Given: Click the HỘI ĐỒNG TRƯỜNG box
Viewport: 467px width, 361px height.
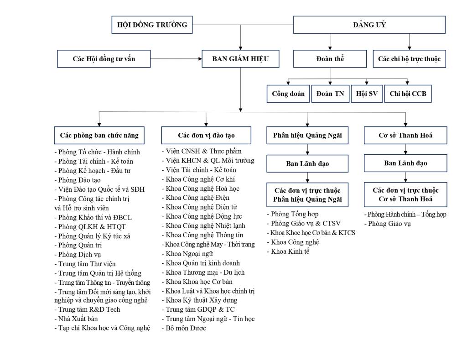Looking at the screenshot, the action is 152,25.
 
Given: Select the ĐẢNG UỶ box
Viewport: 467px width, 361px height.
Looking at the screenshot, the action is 369,25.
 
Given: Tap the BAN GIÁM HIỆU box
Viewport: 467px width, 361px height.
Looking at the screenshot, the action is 240,59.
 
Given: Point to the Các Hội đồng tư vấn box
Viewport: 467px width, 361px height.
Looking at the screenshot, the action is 104,59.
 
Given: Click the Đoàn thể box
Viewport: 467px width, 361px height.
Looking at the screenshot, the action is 330,59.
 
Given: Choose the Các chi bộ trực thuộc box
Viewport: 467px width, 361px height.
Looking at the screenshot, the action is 409,59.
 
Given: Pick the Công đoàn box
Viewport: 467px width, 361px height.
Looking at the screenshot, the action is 288,94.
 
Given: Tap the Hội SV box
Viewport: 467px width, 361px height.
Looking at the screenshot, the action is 367,94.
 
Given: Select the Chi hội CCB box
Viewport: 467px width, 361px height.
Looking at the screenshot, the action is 408,94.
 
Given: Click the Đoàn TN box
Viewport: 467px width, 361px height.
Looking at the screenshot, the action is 330,94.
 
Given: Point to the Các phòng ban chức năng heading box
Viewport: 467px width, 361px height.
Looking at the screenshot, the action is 99,136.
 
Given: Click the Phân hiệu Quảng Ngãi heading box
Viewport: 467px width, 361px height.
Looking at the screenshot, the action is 307,136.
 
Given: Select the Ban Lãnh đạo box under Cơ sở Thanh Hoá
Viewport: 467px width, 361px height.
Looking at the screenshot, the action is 405,163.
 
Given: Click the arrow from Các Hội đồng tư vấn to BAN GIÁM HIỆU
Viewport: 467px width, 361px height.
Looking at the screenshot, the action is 176,59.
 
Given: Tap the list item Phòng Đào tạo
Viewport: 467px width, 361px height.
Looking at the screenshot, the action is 78,180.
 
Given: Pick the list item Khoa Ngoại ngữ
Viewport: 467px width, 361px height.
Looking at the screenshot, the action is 187,254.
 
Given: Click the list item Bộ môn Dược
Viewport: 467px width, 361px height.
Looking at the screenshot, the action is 184,328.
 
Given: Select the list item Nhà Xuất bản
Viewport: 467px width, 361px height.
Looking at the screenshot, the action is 76,319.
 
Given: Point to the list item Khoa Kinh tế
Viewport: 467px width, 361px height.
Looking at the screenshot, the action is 288,251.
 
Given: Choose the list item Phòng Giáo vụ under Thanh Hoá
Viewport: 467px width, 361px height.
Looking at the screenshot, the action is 388,224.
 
